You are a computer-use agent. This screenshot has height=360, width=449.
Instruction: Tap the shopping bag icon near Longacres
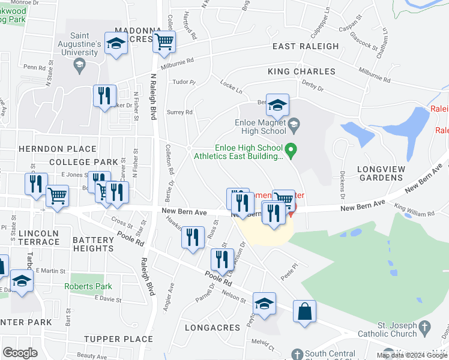[304, 311]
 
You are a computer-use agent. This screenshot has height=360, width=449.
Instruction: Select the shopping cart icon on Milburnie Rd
[163, 43]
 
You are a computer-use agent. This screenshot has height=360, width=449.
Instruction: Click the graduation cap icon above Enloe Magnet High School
[277, 105]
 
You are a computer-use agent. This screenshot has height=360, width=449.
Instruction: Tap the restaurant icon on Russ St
[193, 238]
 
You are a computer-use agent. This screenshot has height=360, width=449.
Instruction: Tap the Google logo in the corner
[20, 352]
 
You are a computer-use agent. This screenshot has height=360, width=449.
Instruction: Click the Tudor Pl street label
[184, 82]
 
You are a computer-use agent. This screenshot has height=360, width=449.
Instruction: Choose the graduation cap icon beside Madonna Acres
[116, 43]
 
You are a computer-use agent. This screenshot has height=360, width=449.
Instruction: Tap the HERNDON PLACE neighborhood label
[57, 149]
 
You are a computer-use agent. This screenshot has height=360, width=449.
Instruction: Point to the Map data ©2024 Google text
[412, 355]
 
